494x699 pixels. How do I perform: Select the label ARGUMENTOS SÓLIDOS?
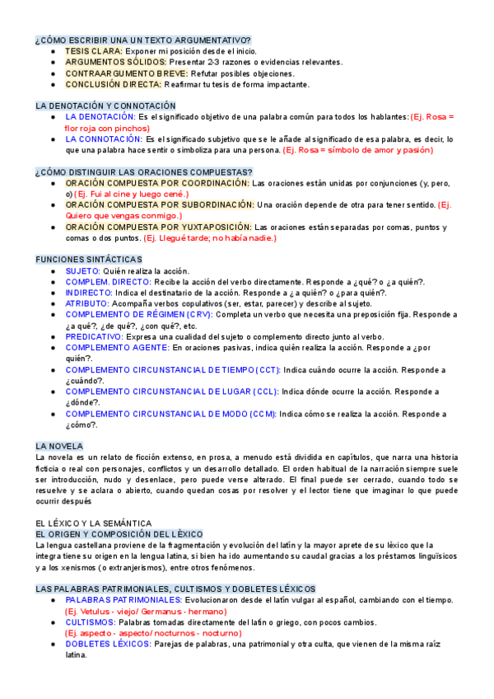click(116, 62)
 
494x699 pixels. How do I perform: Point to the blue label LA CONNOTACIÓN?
click(103, 139)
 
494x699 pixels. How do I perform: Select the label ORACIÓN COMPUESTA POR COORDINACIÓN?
click(157, 182)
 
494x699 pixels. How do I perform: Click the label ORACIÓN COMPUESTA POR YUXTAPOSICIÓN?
click(159, 227)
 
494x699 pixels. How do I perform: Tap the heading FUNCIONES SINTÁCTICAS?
click(90, 259)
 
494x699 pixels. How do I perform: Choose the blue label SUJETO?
click(83, 270)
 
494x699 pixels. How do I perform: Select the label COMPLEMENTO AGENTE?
click(118, 348)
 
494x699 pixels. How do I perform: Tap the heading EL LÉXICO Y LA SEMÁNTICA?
click(94, 523)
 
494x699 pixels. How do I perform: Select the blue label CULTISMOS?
click(91, 622)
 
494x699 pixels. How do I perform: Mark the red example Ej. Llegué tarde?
click(211, 238)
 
